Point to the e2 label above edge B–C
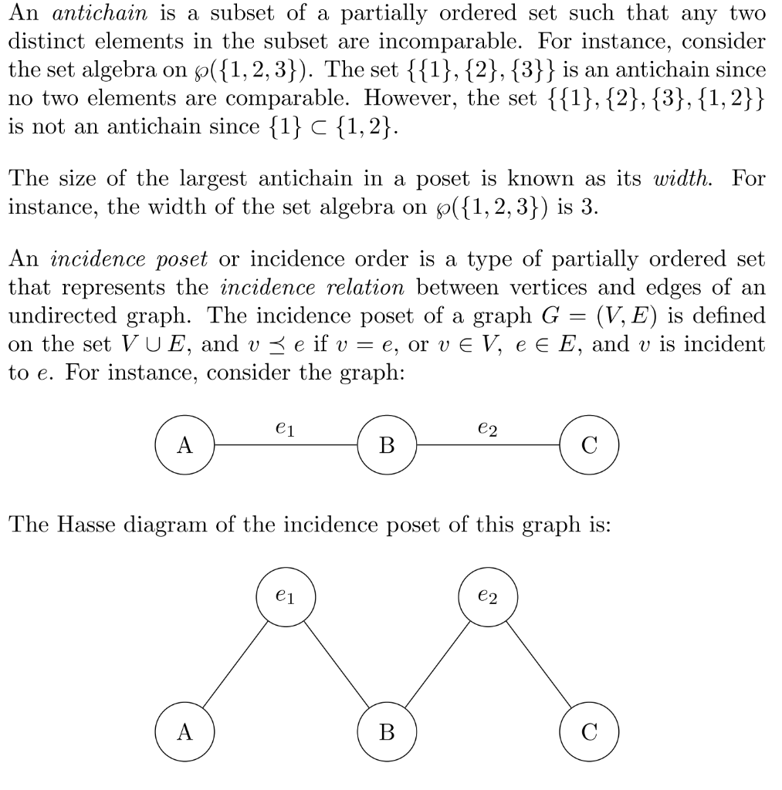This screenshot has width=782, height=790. (488, 427)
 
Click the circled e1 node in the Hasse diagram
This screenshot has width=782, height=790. (285, 597)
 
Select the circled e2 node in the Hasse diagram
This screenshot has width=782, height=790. (488, 597)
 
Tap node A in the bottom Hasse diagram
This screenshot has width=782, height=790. (184, 732)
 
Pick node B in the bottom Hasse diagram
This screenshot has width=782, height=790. (388, 732)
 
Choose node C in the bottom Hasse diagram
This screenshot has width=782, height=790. (590, 732)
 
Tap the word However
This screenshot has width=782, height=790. (401, 98)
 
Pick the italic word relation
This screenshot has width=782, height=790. (366, 288)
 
